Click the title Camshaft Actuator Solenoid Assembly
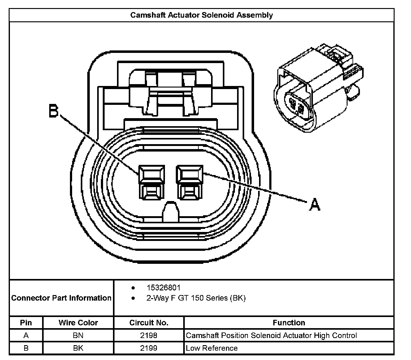tap(201, 15)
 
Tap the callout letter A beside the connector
tap(314, 205)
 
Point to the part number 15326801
tap(163, 288)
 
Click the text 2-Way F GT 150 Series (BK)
tap(196, 298)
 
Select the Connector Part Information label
tap(61, 298)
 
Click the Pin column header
tap(26, 323)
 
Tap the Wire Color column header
tap(78, 323)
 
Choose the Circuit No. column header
tap(149, 323)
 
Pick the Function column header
tap(289, 323)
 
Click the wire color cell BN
tap(78, 335)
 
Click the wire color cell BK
tap(78, 348)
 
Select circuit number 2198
tap(149, 335)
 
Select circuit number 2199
tap(149, 348)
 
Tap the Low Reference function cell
tap(212, 348)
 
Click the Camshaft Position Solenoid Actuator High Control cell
tap(271, 335)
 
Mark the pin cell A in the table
tap(26, 335)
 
